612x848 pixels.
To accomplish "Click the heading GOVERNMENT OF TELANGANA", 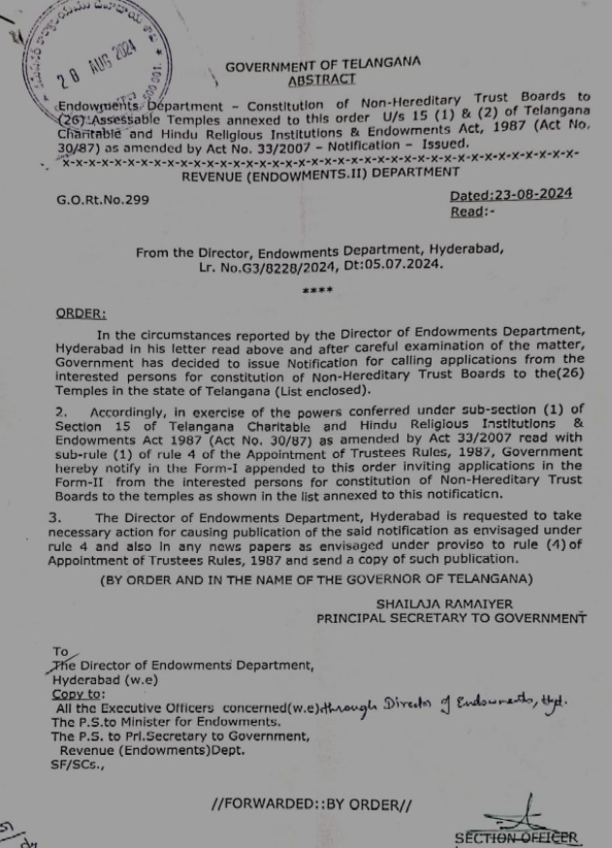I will [322, 65].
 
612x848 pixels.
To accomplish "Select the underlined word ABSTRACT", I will [322, 81].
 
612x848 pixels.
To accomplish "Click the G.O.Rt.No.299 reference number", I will [103, 200].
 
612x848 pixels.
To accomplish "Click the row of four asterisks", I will [317, 290].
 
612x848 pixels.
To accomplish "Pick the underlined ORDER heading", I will [81, 313].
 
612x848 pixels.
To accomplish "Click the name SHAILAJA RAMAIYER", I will [444, 603].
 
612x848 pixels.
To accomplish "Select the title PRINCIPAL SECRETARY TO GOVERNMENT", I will [451, 618].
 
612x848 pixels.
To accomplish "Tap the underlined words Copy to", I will [79, 694].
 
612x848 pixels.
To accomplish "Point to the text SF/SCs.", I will [78, 765].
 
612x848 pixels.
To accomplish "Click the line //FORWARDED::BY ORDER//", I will [311, 804].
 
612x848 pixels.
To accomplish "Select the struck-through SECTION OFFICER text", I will [517, 837].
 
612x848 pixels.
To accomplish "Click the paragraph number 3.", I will [54, 518].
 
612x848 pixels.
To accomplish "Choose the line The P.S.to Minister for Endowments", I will [166, 722].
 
